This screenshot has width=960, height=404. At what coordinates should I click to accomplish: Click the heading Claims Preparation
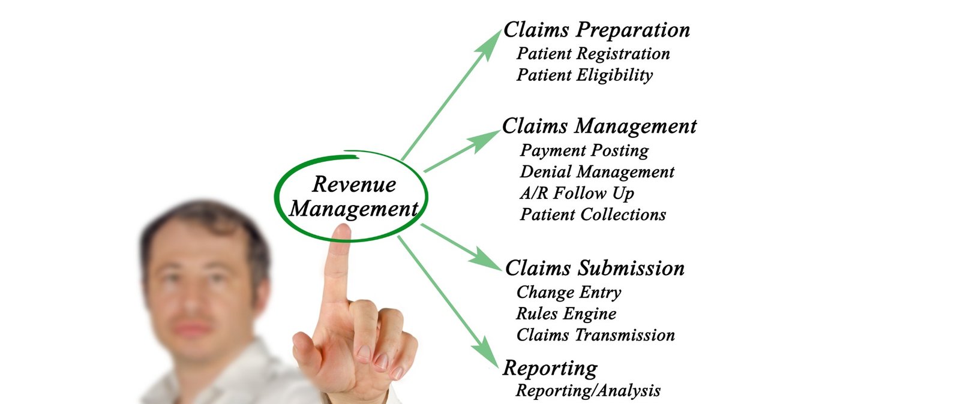click(x=596, y=30)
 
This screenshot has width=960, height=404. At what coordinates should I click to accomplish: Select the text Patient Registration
click(x=593, y=54)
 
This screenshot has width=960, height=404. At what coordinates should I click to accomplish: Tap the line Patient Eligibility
click(x=584, y=76)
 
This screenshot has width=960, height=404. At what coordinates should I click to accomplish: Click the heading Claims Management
click(x=599, y=126)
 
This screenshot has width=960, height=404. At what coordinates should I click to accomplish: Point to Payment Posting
click(x=584, y=150)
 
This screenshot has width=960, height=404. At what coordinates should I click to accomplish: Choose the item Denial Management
click(x=597, y=172)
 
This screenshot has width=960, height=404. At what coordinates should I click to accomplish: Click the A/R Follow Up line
click(x=577, y=194)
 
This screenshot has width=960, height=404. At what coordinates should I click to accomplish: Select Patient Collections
click(x=593, y=215)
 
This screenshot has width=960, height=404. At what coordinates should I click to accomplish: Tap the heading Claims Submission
click(x=595, y=269)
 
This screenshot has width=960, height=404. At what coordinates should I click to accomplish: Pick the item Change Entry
click(x=568, y=293)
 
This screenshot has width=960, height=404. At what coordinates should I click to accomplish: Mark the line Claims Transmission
click(x=595, y=335)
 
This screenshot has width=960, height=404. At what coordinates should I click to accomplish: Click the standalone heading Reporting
click(x=550, y=368)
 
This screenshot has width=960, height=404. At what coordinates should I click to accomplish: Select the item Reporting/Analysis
click(x=588, y=391)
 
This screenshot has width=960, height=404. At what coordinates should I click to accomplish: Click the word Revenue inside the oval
click(x=354, y=185)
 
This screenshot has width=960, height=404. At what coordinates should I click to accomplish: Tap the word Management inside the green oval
click(x=353, y=209)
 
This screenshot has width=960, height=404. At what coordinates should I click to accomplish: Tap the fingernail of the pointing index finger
click(x=341, y=231)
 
